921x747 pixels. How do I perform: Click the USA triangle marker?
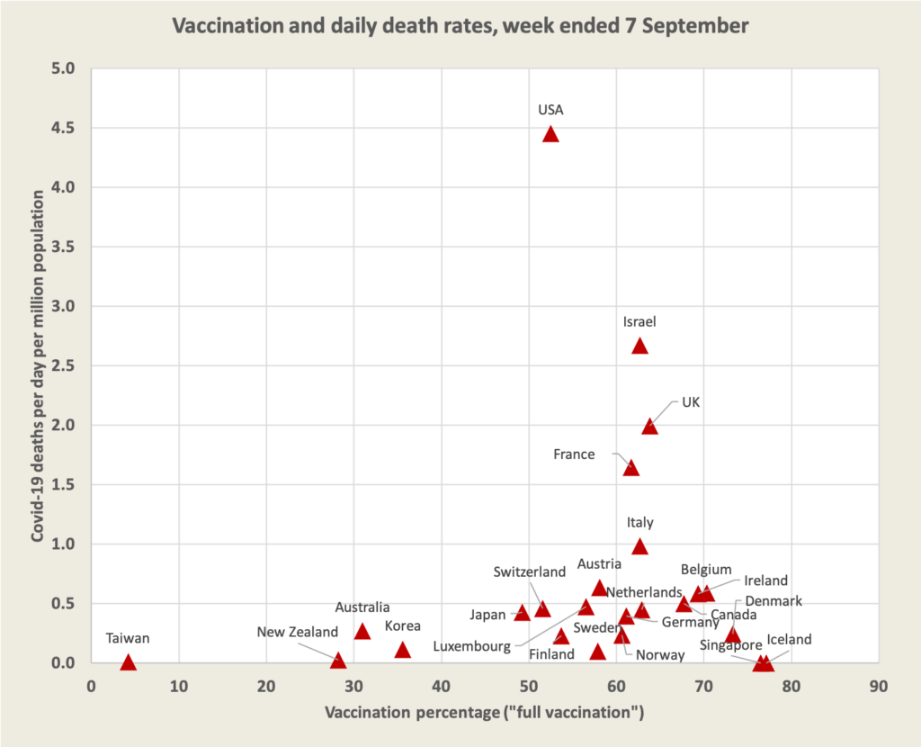point(550,135)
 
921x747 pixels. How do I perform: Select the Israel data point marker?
point(639,346)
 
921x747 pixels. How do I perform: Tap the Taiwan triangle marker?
point(128,663)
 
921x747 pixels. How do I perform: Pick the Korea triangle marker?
point(402,650)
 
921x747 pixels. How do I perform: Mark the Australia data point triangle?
point(362,632)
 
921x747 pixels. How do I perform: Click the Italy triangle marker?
point(639,547)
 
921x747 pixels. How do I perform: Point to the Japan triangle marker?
point(522,613)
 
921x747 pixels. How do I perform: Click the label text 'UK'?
point(691,402)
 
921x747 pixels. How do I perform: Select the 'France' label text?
point(574,454)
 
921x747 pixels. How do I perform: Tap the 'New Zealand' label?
point(297,632)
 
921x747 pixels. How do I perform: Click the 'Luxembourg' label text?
point(472,646)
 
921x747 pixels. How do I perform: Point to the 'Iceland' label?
point(789,640)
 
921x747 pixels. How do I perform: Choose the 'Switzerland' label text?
point(529,571)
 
